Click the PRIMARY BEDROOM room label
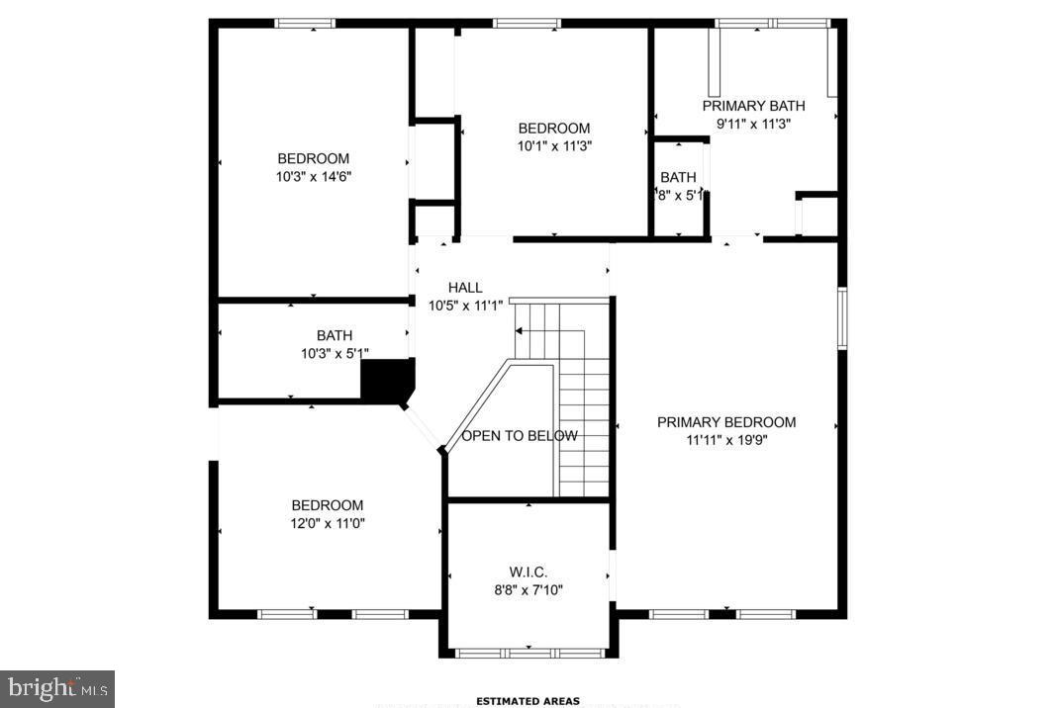click(726, 422)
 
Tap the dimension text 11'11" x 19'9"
click(726, 441)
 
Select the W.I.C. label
click(528, 573)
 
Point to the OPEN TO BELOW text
click(520, 436)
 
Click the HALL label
click(465, 288)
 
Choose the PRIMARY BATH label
click(754, 106)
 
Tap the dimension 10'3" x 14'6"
click(313, 177)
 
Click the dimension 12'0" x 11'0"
click(327, 524)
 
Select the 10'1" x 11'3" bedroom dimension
click(554, 146)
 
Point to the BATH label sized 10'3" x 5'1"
click(335, 336)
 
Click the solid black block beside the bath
click(387, 380)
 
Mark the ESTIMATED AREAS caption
click(528, 701)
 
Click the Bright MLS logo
click(57, 688)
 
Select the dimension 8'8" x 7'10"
click(528, 590)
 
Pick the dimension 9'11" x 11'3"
click(754, 124)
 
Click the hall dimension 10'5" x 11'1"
click(465, 306)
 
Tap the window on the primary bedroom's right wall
click(842, 318)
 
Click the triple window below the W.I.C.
click(528, 653)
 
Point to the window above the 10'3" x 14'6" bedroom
click(305, 23)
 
